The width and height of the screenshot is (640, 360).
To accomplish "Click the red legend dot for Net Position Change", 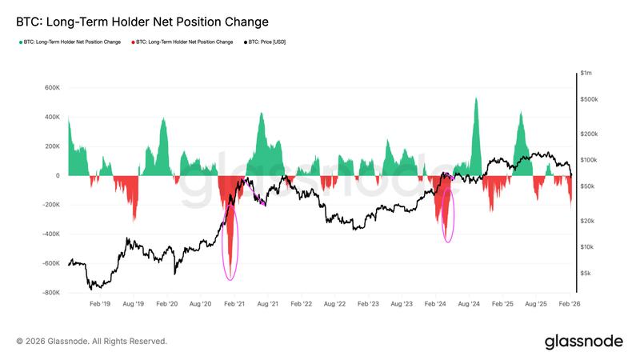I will tap(132, 42).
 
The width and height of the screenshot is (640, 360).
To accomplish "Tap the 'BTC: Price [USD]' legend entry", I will tap(266, 42).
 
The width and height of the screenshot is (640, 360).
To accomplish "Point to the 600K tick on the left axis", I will tap(52, 88).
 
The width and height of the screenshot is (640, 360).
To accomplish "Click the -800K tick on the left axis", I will tap(50, 293).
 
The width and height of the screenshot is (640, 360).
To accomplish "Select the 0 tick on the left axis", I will tap(58, 176).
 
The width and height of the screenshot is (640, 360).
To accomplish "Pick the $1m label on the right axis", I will tap(586, 74).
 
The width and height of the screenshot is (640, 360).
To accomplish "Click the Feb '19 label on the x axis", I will tap(100, 305).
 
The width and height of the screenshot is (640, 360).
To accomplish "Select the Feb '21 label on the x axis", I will tap(234, 305).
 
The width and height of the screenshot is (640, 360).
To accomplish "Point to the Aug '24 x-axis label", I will tap(469, 305).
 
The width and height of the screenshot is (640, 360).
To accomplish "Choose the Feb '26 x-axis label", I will tap(570, 305).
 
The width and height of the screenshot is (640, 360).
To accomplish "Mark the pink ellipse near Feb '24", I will tap(448, 214).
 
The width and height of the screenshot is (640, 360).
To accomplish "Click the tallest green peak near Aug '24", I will tap(476, 99).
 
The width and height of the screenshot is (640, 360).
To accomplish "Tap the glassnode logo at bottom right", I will tap(583, 342).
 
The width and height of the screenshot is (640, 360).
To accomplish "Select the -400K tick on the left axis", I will tap(50, 234).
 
